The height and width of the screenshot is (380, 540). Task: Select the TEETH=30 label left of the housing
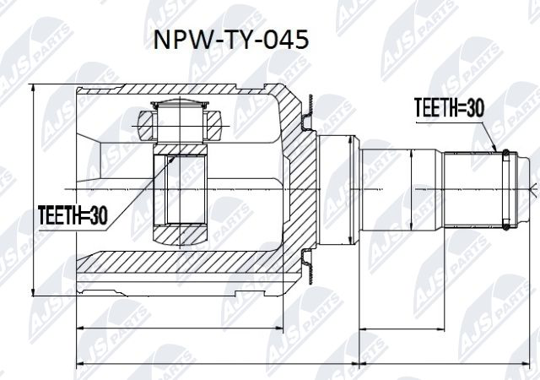(73, 215)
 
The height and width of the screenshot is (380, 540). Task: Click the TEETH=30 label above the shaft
(449, 106)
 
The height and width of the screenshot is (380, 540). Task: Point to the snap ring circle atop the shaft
(505, 154)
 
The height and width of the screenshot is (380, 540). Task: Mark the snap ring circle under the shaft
(505, 225)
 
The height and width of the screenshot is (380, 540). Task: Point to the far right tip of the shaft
(535, 189)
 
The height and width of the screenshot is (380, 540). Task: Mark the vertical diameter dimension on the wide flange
(350, 187)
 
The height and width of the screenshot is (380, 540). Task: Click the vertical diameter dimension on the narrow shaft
(411, 187)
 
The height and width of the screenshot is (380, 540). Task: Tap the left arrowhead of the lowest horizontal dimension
(80, 364)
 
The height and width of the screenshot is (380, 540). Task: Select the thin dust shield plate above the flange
(309, 106)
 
